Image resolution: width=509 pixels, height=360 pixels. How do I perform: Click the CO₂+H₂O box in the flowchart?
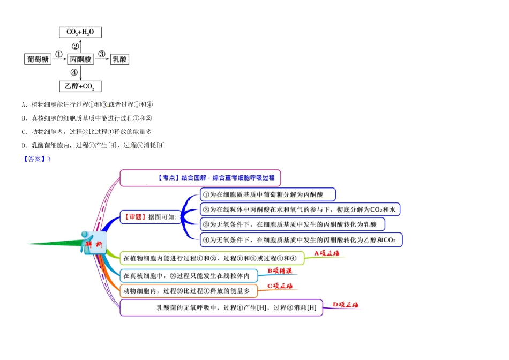click(x=80, y=32)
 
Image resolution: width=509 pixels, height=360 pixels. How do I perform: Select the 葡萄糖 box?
click(x=38, y=59)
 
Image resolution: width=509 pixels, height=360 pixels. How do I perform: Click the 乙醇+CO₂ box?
click(x=80, y=86)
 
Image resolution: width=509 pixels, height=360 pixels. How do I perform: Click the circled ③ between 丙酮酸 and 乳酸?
click(x=102, y=54)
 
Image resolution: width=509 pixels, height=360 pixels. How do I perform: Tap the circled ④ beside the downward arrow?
click(x=74, y=72)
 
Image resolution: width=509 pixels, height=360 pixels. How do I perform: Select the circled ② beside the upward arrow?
click(x=74, y=46)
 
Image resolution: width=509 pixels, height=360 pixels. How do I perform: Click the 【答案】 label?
click(x=33, y=159)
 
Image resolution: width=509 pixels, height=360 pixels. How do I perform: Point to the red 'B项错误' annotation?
click(x=280, y=271)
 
